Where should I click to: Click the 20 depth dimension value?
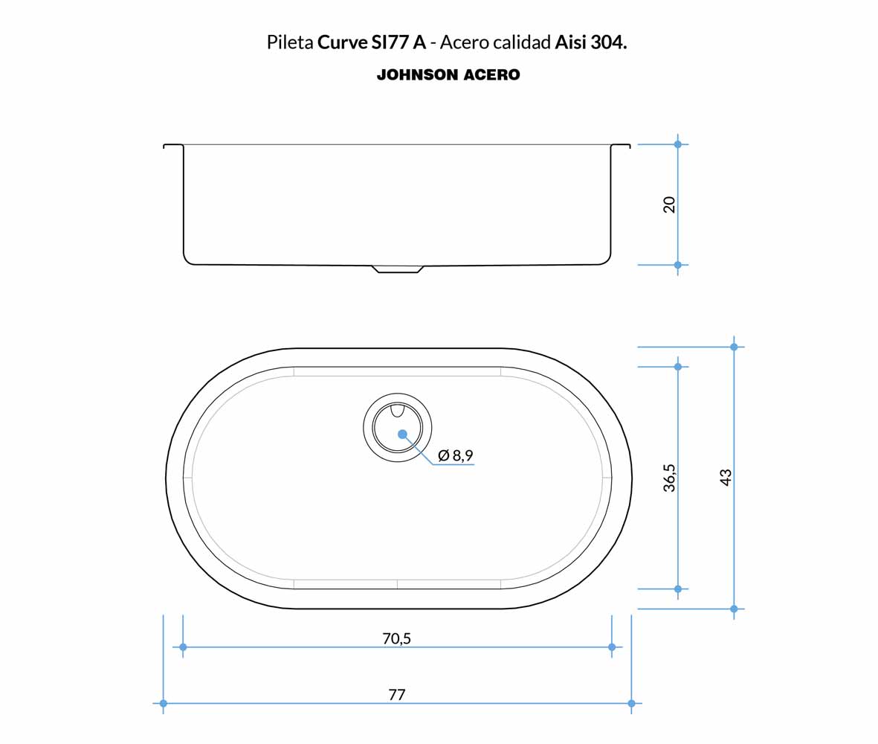tap(669, 205)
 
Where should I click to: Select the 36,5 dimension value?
tap(669, 478)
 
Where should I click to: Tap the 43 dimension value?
tap(726, 478)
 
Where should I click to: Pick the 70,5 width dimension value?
tap(396, 638)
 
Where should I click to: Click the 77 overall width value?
tap(396, 695)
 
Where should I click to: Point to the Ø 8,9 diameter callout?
tap(456, 455)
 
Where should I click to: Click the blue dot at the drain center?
tap(402, 434)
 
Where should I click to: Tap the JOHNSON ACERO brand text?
tap(448, 74)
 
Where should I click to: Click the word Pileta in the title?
tap(289, 42)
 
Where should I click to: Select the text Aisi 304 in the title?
tap(590, 42)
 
